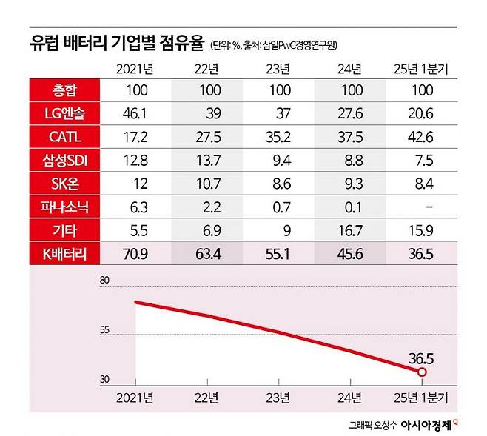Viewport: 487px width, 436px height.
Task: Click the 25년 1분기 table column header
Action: pyautogui.click(x=423, y=70)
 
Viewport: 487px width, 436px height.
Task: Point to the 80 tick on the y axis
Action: pyautogui.click(x=104, y=281)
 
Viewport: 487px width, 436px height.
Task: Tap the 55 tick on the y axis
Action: pyautogui.click(x=104, y=331)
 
